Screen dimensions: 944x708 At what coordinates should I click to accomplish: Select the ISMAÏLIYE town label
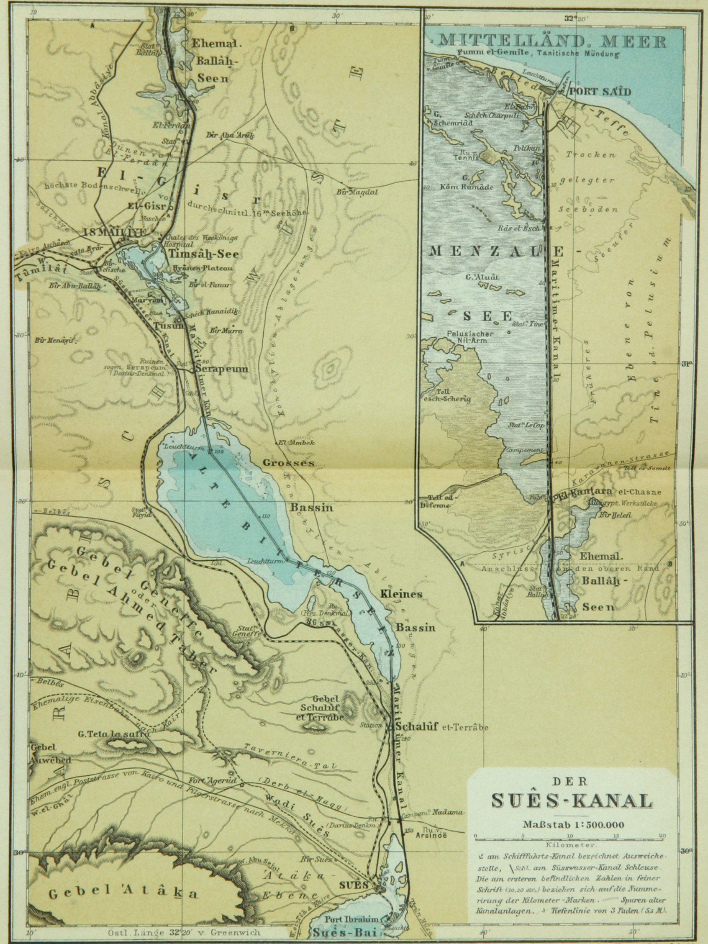pyautogui.click(x=115, y=233)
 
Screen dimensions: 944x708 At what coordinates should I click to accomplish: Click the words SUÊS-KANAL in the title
pyautogui.click(x=572, y=800)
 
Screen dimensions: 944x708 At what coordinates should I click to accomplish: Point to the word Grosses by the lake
pyautogui.click(x=288, y=463)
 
